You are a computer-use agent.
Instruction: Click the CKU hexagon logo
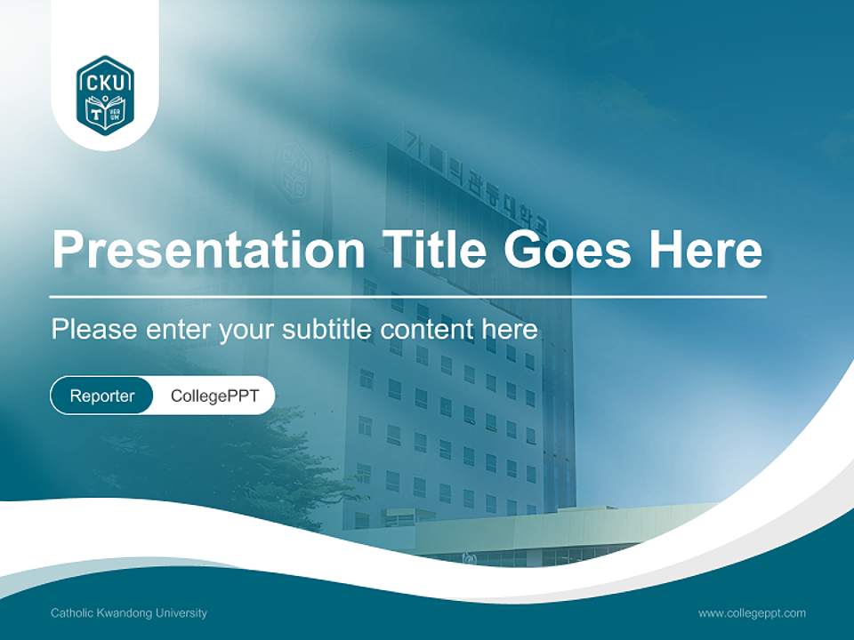click(x=105, y=94)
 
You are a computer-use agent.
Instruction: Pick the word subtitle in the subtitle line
click(x=328, y=330)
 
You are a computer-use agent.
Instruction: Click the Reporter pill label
click(x=102, y=396)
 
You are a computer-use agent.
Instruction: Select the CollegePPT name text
click(x=214, y=396)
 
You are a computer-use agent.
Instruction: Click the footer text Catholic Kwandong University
click(x=129, y=613)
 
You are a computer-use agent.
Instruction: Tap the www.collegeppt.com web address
click(x=752, y=613)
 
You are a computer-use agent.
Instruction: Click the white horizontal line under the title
click(x=408, y=296)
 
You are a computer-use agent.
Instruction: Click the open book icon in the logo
click(x=105, y=113)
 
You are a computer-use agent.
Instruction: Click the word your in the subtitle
click(x=249, y=331)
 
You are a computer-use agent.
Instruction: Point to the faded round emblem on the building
click(x=294, y=169)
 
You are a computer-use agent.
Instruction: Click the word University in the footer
click(x=183, y=613)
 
